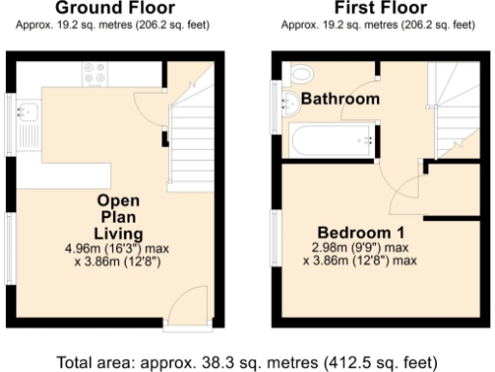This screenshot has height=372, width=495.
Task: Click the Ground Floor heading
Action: pyautogui.click(x=114, y=8)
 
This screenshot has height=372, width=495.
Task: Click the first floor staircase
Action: pyautogui.click(x=453, y=102)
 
